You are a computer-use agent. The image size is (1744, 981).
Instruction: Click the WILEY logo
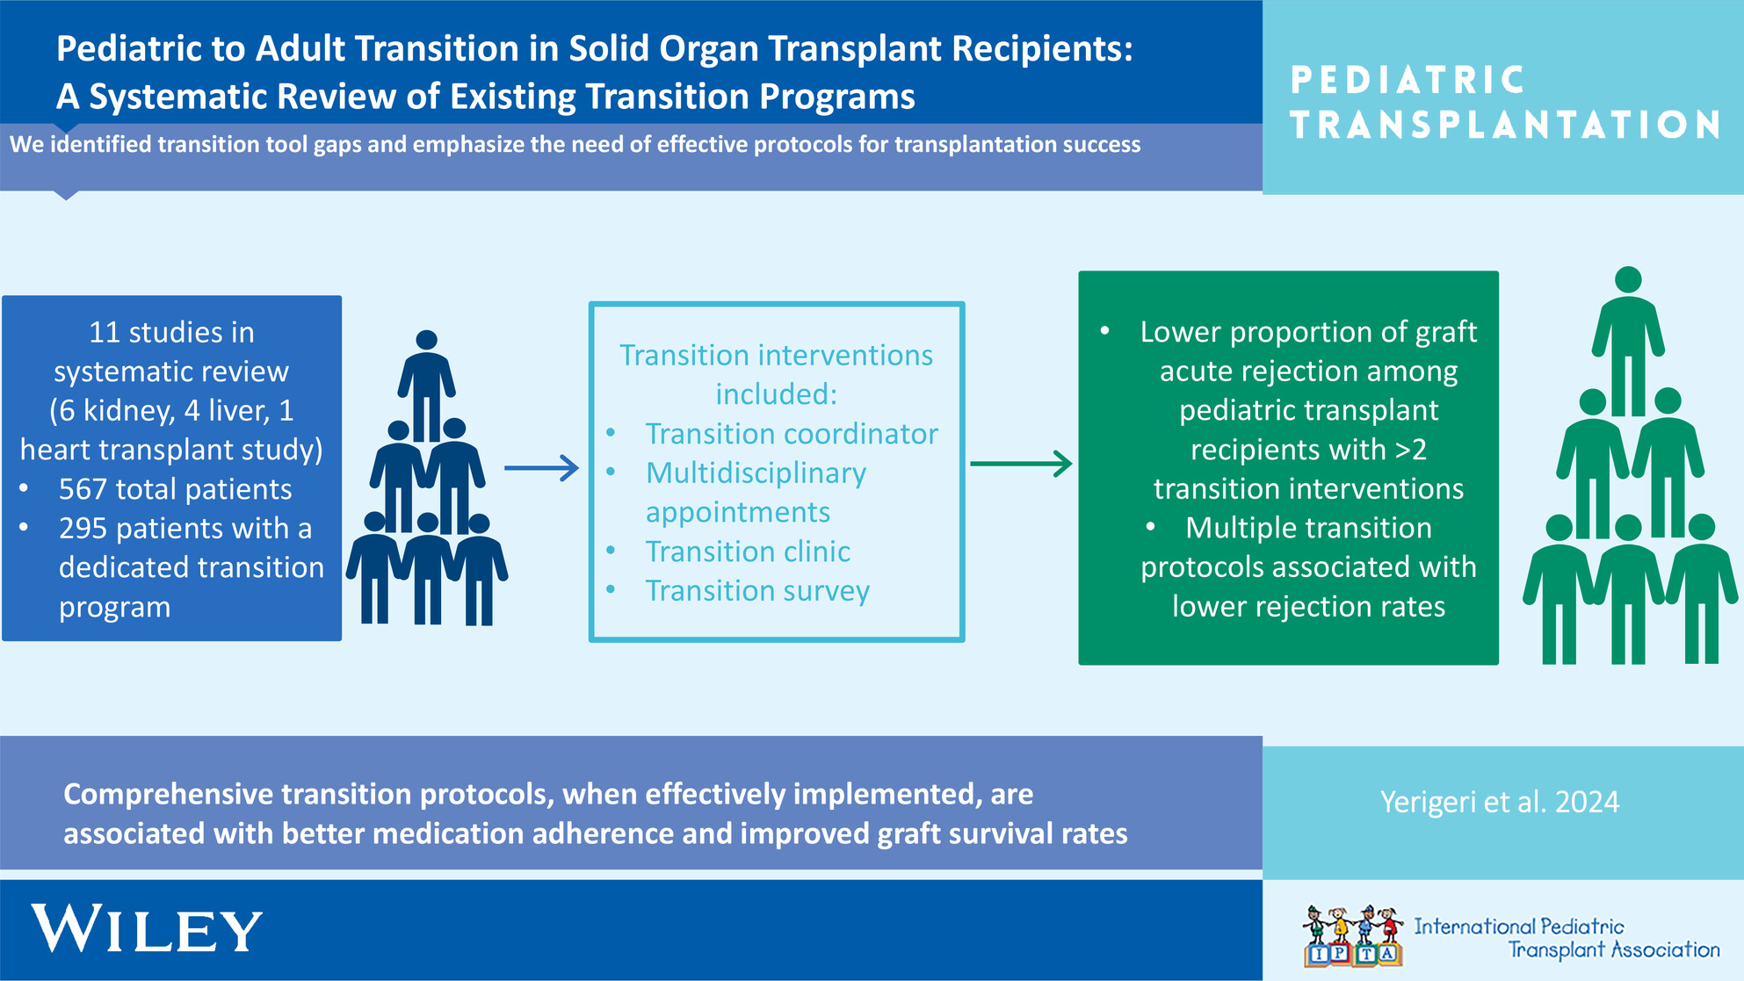[147, 928]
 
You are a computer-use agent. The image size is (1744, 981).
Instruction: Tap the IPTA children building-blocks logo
[1353, 936]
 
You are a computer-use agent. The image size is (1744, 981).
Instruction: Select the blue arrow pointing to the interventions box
[541, 468]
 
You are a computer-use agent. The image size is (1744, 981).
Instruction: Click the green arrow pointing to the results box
[1021, 464]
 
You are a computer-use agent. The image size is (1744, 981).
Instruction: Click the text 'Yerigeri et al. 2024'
[1500, 802]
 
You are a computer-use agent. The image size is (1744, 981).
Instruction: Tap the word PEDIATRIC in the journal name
[1408, 80]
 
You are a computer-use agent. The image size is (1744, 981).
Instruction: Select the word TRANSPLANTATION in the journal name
[1505, 125]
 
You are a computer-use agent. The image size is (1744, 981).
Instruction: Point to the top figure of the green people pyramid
[1628, 338]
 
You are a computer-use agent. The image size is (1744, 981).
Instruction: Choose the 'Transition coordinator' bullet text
[792, 434]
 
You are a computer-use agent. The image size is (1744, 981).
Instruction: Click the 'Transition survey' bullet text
[757, 591]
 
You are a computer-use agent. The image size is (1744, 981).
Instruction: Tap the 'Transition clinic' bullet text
[748, 552]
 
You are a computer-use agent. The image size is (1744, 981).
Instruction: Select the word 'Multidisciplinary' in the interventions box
[756, 473]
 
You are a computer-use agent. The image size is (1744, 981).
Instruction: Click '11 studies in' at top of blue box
[171, 332]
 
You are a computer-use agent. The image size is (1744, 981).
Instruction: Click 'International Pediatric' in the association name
[1519, 927]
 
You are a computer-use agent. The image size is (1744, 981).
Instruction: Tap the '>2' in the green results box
[1410, 450]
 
